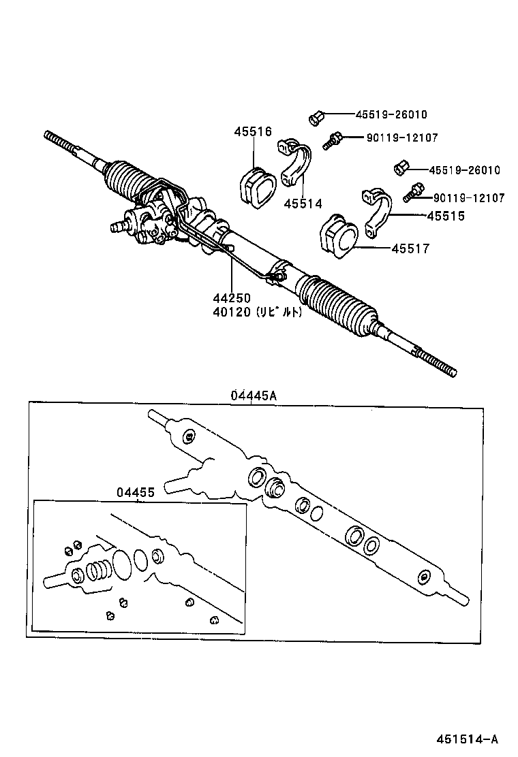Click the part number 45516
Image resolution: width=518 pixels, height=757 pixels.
[253, 132]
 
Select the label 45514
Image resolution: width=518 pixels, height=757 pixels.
[303, 203]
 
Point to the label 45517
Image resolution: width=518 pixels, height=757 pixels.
[410, 249]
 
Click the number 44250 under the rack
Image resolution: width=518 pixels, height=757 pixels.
[231, 298]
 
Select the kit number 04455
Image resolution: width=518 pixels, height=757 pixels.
[135, 492]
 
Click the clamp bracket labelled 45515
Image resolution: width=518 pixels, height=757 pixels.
[377, 210]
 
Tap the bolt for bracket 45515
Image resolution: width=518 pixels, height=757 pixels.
[413, 193]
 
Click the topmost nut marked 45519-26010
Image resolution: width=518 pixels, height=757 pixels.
[316, 118]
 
